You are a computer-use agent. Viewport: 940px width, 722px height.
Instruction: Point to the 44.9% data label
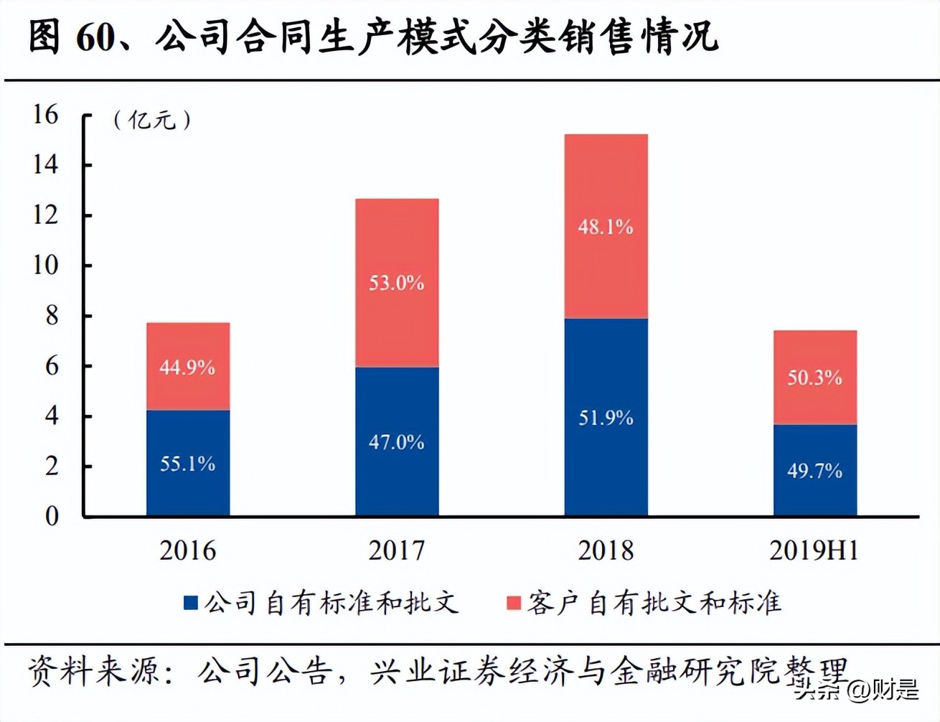pos(187,367)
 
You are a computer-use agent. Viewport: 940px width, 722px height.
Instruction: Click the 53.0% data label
pos(396,283)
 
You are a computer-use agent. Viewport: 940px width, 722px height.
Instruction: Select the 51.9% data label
pos(606,418)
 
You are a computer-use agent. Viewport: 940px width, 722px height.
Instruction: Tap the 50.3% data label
pos(814,378)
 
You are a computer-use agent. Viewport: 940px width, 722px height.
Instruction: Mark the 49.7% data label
pos(814,471)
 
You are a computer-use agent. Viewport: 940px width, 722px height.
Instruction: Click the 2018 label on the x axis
pos(606,550)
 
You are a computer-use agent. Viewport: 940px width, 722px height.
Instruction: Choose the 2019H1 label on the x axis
pos(814,550)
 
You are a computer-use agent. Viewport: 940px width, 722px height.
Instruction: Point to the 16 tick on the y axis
pos(45,114)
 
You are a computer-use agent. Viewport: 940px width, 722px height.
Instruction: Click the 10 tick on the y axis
pos(45,265)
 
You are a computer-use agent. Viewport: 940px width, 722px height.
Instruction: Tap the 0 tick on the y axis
pos(52,516)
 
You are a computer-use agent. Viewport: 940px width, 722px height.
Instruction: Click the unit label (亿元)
pos(152,119)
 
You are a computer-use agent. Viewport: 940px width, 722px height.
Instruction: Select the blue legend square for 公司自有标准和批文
pos(191,603)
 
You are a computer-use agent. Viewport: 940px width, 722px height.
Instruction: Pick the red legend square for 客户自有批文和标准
pos(513,603)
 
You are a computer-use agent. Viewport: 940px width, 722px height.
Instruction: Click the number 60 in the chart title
pos(95,37)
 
